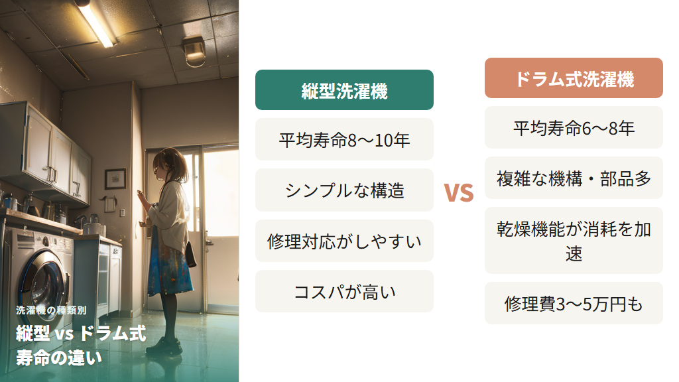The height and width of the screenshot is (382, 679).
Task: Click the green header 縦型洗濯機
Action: click(x=344, y=90)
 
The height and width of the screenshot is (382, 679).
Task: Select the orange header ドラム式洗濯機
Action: click(x=574, y=78)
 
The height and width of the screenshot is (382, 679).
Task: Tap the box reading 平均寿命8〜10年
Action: click(x=344, y=140)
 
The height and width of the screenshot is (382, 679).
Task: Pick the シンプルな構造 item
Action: click(x=344, y=190)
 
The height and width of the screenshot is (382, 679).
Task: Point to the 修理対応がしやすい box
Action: click(x=344, y=241)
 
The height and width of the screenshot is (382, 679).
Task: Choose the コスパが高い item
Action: click(x=344, y=291)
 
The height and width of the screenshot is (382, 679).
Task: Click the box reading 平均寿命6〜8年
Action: click(x=574, y=127)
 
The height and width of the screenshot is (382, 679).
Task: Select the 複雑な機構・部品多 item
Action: click(x=574, y=178)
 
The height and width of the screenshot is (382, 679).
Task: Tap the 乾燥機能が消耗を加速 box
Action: click(x=574, y=240)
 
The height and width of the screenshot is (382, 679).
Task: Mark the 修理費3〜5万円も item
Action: click(x=574, y=303)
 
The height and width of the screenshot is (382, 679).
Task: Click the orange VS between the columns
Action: click(x=459, y=192)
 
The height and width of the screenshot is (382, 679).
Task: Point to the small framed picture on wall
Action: click(x=115, y=178)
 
